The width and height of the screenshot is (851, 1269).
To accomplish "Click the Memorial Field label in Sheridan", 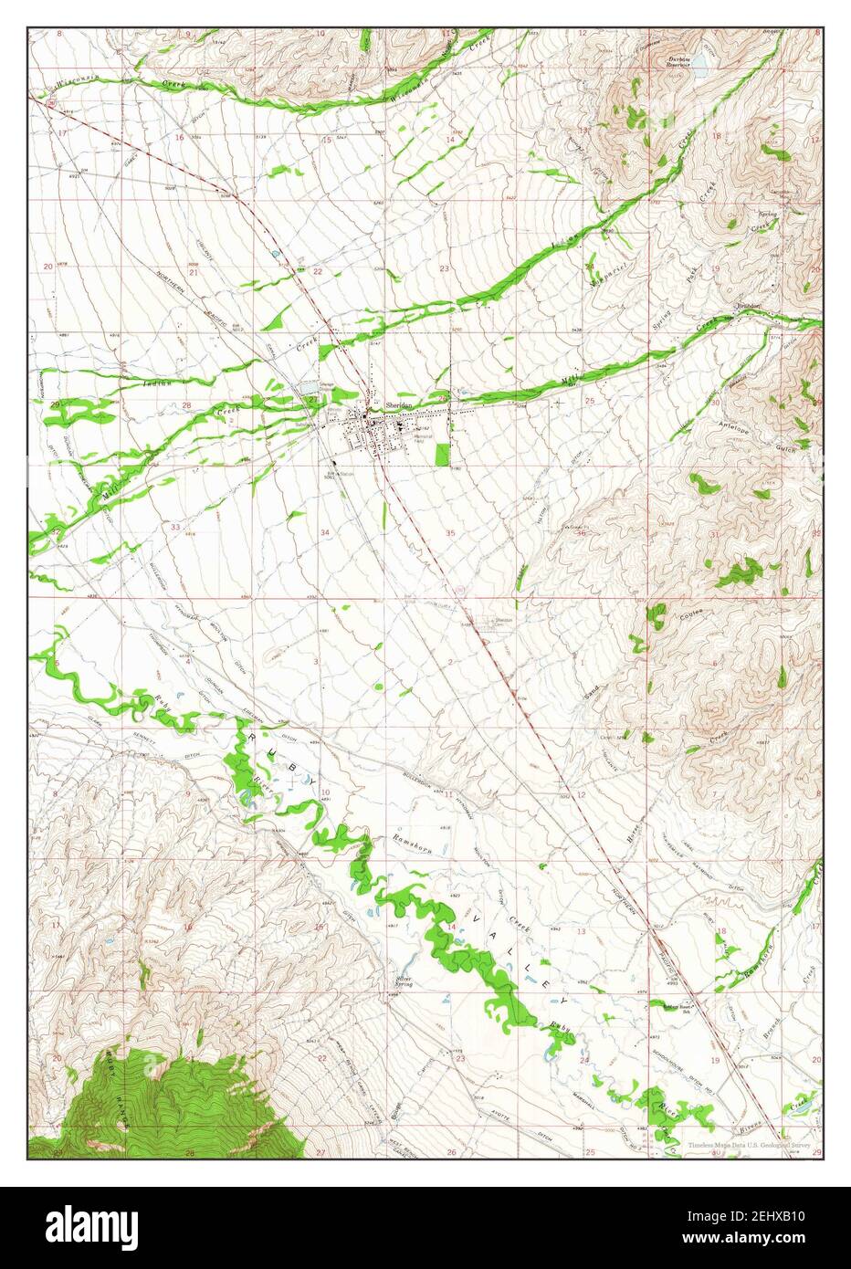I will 425,438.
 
